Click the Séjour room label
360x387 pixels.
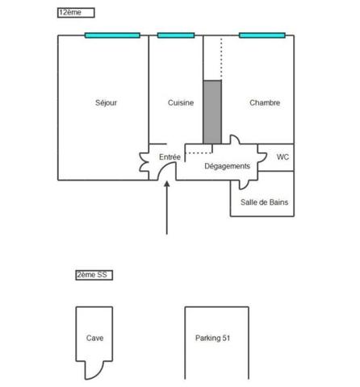(106, 103)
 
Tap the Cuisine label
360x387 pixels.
(181, 102)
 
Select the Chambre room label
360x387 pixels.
(265, 102)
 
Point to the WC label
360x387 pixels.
(283, 157)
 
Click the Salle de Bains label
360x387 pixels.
(265, 202)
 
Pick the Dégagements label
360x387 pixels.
(228, 166)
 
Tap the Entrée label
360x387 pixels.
(170, 157)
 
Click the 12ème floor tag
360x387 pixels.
(76, 13)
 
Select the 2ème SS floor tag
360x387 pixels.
(94, 275)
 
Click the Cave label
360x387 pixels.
(94, 338)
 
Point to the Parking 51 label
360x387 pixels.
(212, 338)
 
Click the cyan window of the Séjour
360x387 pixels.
(112, 35)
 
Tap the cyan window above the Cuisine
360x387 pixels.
(176, 35)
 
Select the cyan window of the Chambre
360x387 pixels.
(262, 35)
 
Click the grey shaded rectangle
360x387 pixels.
(212, 112)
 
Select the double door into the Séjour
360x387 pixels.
(144, 162)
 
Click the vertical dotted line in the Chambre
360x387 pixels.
(221, 58)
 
